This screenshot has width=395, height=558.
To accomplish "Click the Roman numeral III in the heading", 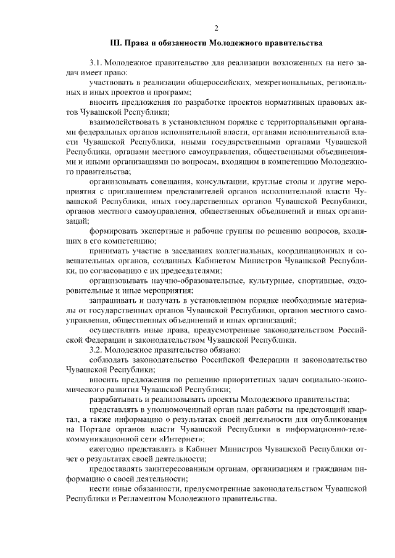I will pos(115,44).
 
